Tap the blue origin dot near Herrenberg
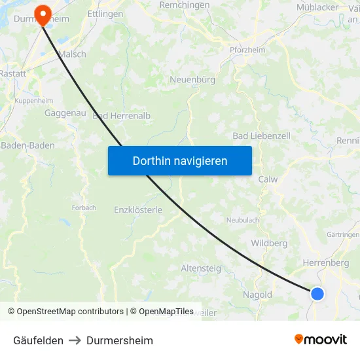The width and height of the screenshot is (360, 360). pos(317,293)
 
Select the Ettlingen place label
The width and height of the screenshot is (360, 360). pos(105,13)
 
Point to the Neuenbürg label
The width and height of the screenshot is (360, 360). pos(192,80)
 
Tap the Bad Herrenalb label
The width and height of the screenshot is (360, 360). pos(122,116)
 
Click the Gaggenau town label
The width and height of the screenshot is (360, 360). pos(65,113)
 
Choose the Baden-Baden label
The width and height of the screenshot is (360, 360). pos(27,145)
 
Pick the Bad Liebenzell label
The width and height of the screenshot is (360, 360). pos(261,135)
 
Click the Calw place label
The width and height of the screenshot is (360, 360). pos(268,179)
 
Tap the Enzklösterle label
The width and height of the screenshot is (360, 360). pos(137,210)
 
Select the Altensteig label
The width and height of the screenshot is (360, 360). pos(201,268)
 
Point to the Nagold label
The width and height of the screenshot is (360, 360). pos(257,295)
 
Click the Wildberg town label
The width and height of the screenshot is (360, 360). pos(269,243)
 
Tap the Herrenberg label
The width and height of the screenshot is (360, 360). pos(325,262)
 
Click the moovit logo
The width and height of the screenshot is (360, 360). pos(320,340)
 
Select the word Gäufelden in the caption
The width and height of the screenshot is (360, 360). pos(38,340)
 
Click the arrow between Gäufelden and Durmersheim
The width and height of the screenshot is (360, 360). pos(75,340)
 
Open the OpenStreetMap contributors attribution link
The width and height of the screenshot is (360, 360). pos(70,312)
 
